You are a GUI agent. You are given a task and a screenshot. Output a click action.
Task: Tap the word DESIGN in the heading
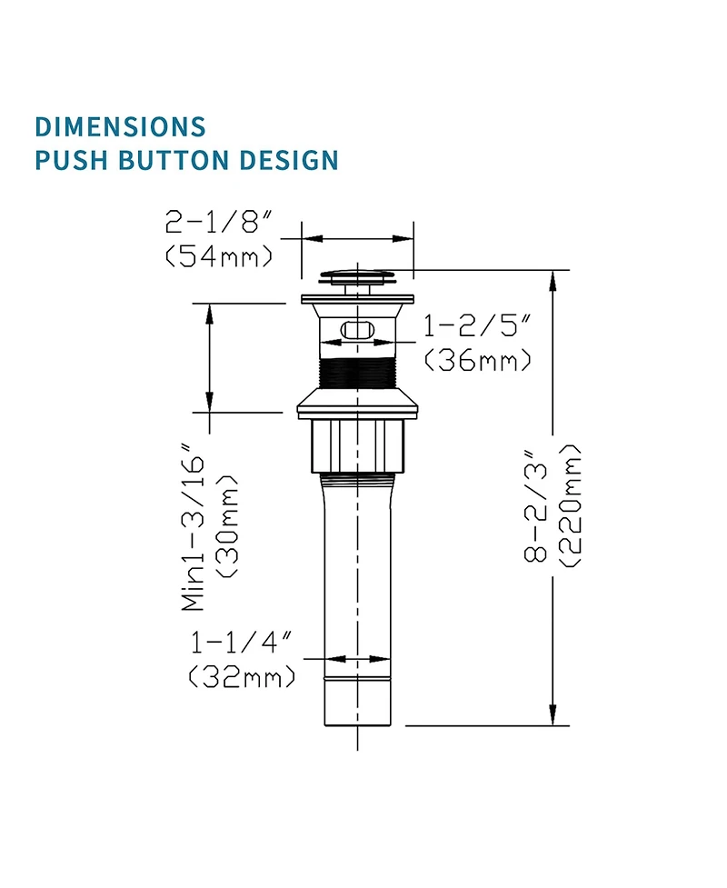(x=288, y=160)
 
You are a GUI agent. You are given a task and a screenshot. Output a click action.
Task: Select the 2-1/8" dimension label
(x=219, y=222)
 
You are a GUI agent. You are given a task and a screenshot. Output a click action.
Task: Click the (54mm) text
(x=219, y=256)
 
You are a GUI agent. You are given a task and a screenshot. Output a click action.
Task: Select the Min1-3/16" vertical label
(x=193, y=526)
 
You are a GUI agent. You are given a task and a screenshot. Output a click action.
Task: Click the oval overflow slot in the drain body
(x=357, y=329)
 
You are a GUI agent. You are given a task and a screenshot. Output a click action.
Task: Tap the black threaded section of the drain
(x=357, y=374)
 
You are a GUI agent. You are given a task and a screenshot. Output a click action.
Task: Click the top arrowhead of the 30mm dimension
(x=210, y=313)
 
